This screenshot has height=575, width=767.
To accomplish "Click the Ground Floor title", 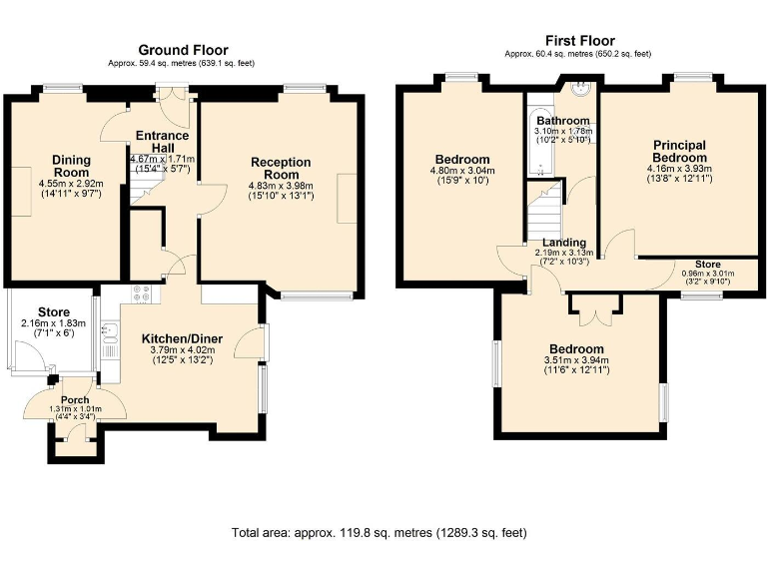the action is [x=183, y=50].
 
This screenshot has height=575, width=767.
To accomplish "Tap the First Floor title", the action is [x=580, y=40].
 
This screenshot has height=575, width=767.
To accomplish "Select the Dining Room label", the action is [x=72, y=166].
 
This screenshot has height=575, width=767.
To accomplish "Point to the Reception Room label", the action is [x=281, y=168].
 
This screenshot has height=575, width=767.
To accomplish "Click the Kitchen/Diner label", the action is [x=182, y=338].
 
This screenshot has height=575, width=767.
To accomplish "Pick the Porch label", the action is [x=75, y=400].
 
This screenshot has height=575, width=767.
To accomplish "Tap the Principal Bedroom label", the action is [x=679, y=152].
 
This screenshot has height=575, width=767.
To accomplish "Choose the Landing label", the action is [x=564, y=243].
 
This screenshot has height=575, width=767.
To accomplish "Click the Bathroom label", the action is [x=563, y=120].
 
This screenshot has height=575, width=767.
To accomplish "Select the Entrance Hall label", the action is [x=163, y=142].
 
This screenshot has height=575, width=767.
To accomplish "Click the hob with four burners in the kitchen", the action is [x=142, y=293].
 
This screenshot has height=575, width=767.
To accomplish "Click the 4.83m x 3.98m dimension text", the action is [x=281, y=186].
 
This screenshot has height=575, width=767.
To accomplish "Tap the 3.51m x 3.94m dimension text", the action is [x=576, y=360].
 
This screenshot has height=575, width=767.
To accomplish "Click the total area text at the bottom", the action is [x=380, y=532].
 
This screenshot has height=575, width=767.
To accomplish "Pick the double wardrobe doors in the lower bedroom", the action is [x=594, y=310].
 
